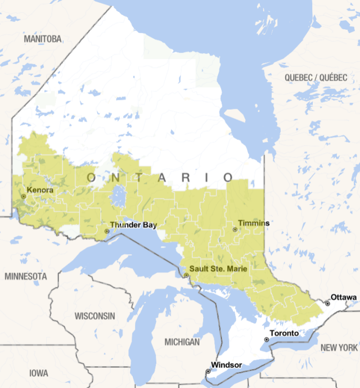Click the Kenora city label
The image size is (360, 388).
coord(40,190)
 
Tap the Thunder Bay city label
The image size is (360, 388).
coord(133,225)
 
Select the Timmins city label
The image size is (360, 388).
coord(254,223)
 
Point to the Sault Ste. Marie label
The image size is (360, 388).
coord(218,269)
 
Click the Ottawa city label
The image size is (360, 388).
coord(343,297)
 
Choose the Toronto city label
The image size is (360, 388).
coord(284,333)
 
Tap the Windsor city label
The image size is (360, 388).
coord(227,365)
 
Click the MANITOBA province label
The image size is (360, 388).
coord(42,39)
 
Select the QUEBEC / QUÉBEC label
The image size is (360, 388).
coord(316,77)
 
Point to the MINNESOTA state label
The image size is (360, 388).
coord(26,277)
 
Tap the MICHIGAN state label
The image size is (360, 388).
coord(182,342)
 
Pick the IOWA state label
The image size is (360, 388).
coord(39,373)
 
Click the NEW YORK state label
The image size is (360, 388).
coord(339,348)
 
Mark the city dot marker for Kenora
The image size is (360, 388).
coord(23,196)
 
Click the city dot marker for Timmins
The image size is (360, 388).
coord(235,229)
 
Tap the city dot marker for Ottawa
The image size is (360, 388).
coord(327,304)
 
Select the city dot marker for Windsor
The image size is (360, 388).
coord(208,371)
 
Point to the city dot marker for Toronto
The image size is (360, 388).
coord(267,340)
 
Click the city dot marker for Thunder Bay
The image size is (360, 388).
coord(107,231)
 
